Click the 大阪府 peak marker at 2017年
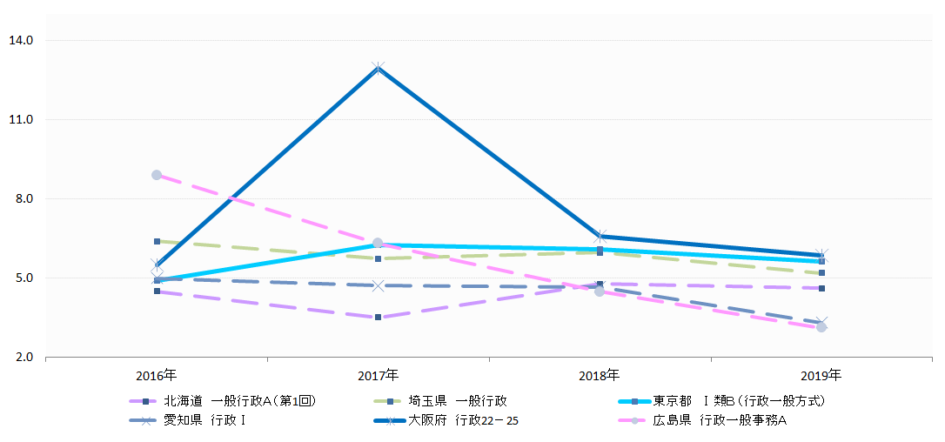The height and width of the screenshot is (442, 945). [378, 67]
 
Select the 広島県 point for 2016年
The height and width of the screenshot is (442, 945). [157, 175]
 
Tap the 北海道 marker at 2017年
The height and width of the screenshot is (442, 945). [378, 318]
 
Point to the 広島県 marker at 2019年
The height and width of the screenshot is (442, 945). [821, 327]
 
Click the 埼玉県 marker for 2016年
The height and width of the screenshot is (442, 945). [157, 241]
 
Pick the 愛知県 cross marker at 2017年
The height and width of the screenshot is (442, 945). [378, 285]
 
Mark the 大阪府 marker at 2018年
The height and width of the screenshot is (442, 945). [600, 236]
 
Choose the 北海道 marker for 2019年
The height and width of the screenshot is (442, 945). [821, 288]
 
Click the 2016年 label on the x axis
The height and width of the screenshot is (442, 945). [157, 376]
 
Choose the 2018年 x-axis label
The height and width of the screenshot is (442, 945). [600, 376]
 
